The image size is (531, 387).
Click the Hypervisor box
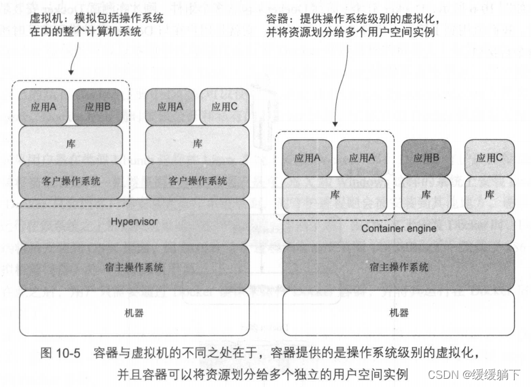(133, 221)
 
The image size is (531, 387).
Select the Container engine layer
(399, 229)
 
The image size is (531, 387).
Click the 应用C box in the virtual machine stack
(223, 107)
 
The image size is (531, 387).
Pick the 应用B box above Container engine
(426, 158)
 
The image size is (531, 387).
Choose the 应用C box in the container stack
(489, 158)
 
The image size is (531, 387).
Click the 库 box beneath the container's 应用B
(426, 194)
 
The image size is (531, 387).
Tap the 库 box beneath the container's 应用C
(489, 194)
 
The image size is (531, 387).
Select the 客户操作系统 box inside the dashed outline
(71, 181)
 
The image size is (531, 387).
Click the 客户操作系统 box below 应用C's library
(197, 181)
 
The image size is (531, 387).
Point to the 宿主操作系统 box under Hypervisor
(133, 267)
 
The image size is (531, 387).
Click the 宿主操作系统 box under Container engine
(399, 267)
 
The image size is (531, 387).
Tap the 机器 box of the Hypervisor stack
(133, 313)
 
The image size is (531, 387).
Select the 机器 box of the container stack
(399, 313)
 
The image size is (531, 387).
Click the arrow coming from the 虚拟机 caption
(71, 64)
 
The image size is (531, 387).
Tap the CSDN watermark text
(443, 374)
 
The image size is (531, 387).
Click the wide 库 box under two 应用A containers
(334, 194)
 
